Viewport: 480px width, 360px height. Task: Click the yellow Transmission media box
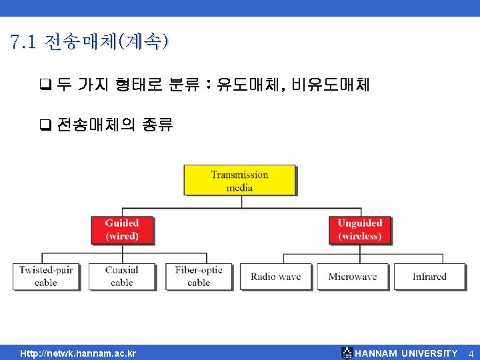(x=239, y=181)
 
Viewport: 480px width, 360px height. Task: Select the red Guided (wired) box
(x=122, y=229)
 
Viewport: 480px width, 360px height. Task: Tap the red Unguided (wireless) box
(x=359, y=229)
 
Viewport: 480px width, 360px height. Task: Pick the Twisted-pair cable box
(x=46, y=276)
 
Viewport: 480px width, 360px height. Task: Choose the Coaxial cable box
(x=122, y=276)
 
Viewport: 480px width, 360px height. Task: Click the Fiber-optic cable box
(x=199, y=276)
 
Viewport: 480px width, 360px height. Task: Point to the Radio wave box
(x=275, y=276)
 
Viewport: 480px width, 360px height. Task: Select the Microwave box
(x=352, y=276)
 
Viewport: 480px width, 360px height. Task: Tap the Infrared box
(x=429, y=276)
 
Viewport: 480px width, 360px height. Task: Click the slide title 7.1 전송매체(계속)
(x=90, y=43)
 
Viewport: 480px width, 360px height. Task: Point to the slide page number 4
(x=470, y=353)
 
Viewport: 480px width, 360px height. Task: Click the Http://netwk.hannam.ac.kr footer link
(x=78, y=353)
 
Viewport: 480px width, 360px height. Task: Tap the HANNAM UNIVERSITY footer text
(x=407, y=353)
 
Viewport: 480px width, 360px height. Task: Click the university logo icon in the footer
(x=347, y=353)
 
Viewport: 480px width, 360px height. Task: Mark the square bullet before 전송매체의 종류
(x=45, y=125)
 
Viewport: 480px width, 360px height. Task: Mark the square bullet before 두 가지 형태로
(x=45, y=85)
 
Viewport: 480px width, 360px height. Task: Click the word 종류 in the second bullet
(x=157, y=125)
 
